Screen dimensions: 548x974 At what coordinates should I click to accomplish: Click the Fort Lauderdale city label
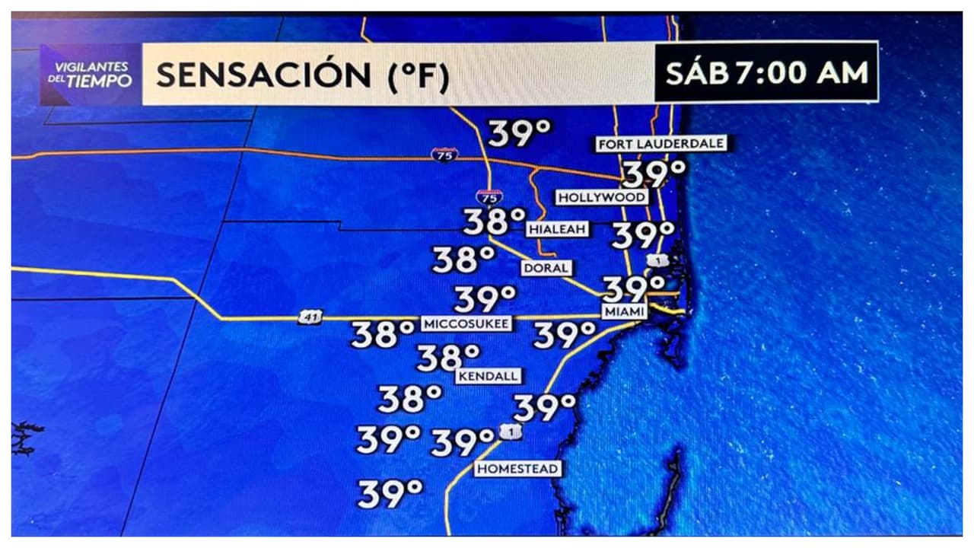pos(660,144)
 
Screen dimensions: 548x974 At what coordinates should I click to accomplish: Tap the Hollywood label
pos(602,198)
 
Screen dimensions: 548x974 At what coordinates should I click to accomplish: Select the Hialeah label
pos(558,229)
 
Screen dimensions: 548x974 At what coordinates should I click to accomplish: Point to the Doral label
pos(546,268)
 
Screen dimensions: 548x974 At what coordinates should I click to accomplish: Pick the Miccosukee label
pos(465,323)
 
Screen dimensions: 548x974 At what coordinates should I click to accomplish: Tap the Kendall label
pos(489,376)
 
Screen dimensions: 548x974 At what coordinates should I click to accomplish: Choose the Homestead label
pos(517,469)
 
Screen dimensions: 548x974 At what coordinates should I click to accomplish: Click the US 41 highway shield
pos(309,317)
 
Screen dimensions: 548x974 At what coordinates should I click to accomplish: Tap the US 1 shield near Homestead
pos(511,432)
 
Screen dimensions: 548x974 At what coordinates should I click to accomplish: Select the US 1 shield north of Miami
pos(658,261)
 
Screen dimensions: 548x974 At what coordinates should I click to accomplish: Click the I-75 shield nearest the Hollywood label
pos(489,197)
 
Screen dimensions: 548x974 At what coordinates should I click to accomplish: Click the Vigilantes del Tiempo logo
pos(92,74)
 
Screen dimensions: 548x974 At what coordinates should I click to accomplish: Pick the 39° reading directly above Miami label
pos(634,288)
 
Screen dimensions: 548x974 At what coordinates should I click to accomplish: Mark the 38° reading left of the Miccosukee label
pos(383,334)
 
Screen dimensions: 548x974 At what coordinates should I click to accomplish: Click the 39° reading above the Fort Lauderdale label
pos(519,133)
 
